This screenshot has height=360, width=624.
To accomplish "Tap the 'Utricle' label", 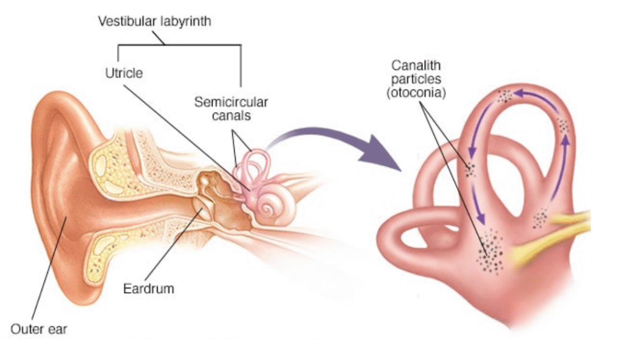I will pos(124,73).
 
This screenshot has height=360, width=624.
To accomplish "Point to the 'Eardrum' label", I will pos(149,288).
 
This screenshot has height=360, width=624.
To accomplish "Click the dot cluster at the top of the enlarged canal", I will pos(505,96).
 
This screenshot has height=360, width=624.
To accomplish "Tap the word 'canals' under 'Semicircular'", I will pos(231,115).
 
